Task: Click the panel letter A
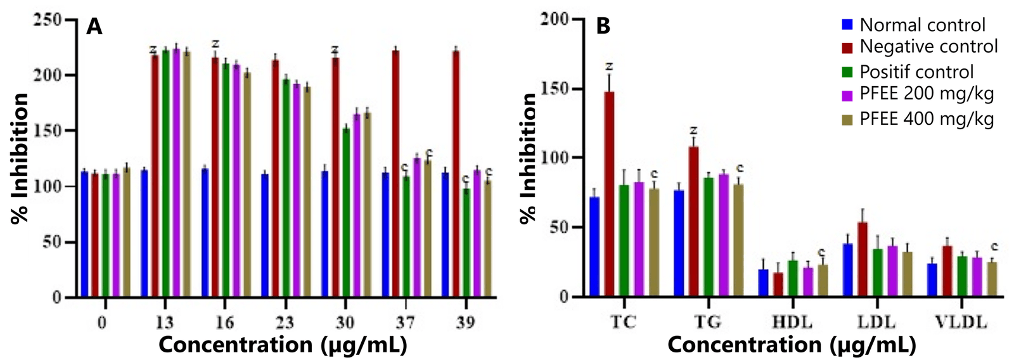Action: point(94,27)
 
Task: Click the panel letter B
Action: point(603,27)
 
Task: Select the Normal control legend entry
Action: point(913,25)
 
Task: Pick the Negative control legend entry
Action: point(920,46)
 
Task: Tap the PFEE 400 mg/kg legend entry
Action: point(917,119)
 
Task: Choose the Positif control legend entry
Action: point(908,72)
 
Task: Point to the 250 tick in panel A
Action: point(48,20)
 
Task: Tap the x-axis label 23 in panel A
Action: point(284,323)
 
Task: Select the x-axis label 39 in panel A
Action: point(465,323)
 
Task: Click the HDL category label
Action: point(792,322)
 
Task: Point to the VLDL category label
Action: point(961,322)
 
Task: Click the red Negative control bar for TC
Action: point(609,193)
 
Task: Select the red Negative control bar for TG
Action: point(693,221)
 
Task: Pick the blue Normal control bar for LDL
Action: point(847,269)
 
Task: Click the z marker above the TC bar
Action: point(610,66)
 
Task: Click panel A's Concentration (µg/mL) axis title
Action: point(283,345)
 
